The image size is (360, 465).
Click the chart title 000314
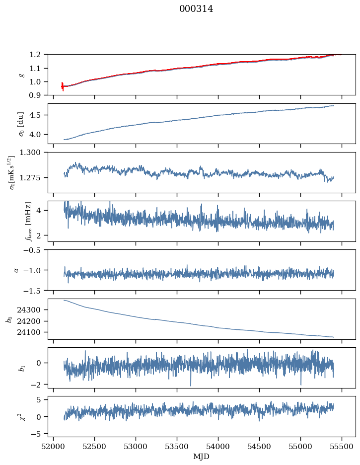coord(196,9)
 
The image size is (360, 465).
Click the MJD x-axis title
coord(202,457)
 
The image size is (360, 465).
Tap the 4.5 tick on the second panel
coord(38,115)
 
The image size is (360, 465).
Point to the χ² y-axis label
coord(20,416)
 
